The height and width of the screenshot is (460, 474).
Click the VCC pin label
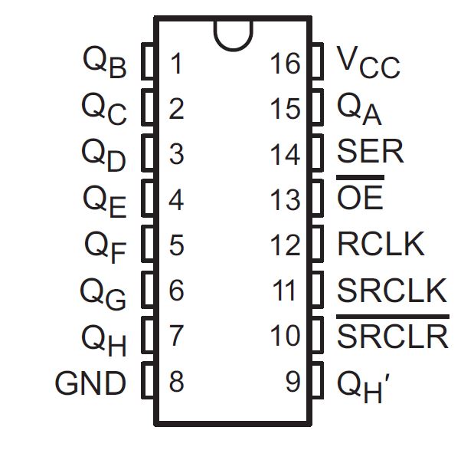pyautogui.click(x=368, y=62)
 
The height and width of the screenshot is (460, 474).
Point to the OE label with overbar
pyautogui.click(x=360, y=199)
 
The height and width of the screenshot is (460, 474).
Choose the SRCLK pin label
pyautogui.click(x=391, y=291)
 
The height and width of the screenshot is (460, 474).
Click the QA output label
pyautogui.click(x=359, y=108)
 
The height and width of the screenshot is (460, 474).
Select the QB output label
pyautogui.click(x=104, y=62)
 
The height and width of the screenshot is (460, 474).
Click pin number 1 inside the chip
pyautogui.click(x=177, y=64)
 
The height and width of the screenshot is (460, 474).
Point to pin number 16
pyautogui.click(x=285, y=64)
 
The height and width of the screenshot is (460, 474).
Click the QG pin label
pyautogui.click(x=103, y=292)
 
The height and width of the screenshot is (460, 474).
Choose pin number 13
pyautogui.click(x=285, y=200)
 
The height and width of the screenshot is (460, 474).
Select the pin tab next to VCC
pyautogui.click(x=316, y=63)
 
